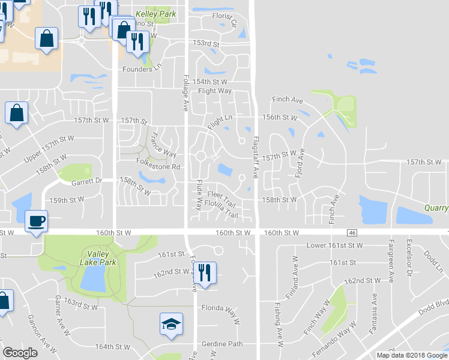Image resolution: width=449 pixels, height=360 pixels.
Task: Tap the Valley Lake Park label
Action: (x=98, y=257)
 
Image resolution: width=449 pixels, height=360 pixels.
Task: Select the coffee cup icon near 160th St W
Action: (x=37, y=221)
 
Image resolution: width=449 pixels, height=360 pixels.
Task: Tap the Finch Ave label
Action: (x=287, y=100)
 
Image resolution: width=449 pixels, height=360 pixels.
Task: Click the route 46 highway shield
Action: (x=352, y=232)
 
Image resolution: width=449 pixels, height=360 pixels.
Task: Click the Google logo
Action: (x=20, y=353)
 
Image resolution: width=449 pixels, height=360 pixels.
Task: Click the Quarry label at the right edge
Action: (x=435, y=208)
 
